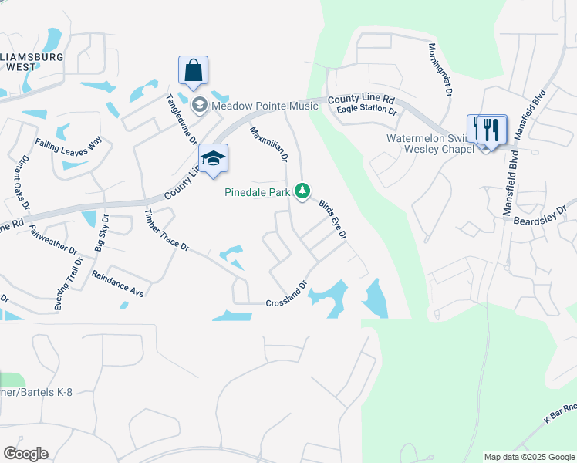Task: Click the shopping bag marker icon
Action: click(193, 70)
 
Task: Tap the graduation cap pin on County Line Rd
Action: click(214, 158)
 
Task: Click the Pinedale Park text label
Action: click(257, 191)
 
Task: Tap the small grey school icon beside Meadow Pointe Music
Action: click(199, 106)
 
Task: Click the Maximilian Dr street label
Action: click(268, 144)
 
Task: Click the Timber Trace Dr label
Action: click(167, 231)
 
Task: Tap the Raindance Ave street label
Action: click(118, 283)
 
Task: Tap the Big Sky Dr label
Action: click(101, 234)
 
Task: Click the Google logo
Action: click(25, 454)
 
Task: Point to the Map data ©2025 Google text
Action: click(529, 457)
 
